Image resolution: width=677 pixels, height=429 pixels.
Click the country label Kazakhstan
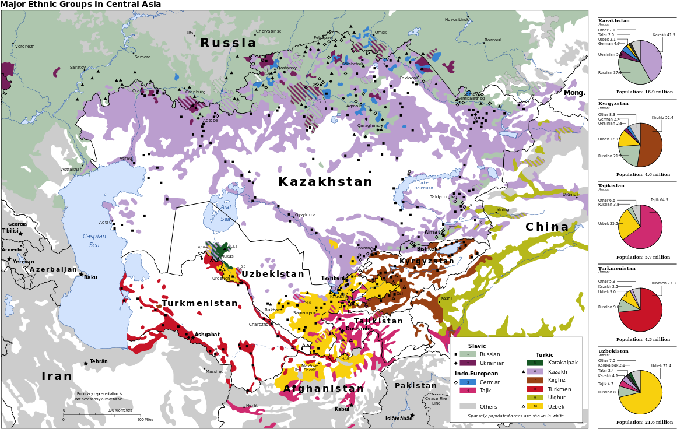tap(325, 182)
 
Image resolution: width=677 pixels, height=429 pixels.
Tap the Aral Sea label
tap(226, 213)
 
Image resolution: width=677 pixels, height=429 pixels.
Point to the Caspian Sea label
tap(94, 241)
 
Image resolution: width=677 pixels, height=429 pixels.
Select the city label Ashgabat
tap(207, 335)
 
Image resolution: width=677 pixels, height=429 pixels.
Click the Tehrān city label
tap(99, 361)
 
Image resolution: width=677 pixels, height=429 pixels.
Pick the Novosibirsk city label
tap(457, 20)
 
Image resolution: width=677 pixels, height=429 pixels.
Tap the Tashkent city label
tap(333, 278)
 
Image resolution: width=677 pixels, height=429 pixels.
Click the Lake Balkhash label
tap(423, 185)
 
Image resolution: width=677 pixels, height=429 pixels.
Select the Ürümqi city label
tap(570, 195)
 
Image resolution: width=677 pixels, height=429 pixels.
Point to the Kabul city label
tap(342, 409)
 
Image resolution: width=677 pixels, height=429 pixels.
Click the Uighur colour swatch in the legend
tap(535, 398)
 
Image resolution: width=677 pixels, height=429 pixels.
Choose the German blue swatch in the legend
tap(467, 382)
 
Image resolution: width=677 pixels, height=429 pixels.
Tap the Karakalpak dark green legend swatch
tap(535, 363)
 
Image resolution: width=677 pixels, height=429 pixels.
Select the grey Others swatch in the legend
tap(467, 406)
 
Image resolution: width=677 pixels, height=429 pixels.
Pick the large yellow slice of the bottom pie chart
tap(644, 396)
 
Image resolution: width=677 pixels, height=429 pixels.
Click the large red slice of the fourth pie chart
tap(644, 312)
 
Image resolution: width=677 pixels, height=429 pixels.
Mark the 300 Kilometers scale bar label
tap(120, 410)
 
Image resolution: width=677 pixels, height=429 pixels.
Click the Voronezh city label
tap(24, 47)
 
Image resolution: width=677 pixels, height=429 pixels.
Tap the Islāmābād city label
tap(398, 419)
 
